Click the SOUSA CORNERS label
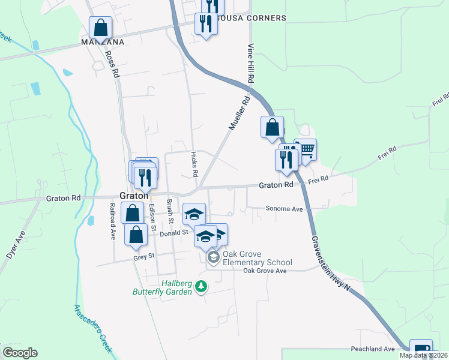tap(252, 18)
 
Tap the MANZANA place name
tap(103, 42)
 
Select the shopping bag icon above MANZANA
tap(100, 28)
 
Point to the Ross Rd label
tap(111, 64)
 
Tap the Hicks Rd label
tap(194, 164)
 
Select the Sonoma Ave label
tap(286, 209)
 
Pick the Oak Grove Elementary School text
tap(257, 258)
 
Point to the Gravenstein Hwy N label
tap(331, 264)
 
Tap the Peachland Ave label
tap(373, 349)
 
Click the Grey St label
tap(143, 257)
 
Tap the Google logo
tap(20, 353)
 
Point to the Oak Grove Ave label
tap(265, 271)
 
